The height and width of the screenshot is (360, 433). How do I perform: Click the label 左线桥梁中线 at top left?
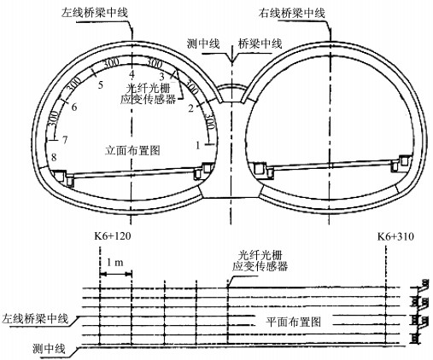point(95,13)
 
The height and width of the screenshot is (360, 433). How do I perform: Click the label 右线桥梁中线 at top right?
point(292,14)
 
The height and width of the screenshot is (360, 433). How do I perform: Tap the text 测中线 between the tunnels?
point(203,44)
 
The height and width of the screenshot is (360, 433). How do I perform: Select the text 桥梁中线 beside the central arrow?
point(260,44)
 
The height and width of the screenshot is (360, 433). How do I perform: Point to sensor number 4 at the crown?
point(132,74)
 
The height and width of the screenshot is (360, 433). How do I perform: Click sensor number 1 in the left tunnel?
point(198,145)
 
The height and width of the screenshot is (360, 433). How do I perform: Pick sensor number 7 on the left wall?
point(65,140)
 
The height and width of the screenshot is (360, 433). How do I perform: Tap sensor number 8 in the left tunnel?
point(54,157)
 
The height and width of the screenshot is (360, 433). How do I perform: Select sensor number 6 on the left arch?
point(74,107)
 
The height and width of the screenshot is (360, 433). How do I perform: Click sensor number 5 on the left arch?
point(100,84)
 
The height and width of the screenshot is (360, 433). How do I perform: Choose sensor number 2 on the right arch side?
point(191,108)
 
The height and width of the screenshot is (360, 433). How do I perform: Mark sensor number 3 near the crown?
point(161,76)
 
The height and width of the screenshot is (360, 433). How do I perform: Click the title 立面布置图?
point(132,150)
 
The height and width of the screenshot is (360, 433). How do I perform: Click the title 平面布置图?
point(294,322)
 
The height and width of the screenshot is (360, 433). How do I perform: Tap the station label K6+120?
point(113,236)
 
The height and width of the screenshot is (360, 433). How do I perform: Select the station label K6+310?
point(395,236)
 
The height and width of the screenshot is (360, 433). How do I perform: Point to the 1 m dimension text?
point(115,262)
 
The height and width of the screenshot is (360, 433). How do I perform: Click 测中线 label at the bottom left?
point(49,348)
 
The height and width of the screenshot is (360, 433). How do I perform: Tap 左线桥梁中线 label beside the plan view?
point(35,318)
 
